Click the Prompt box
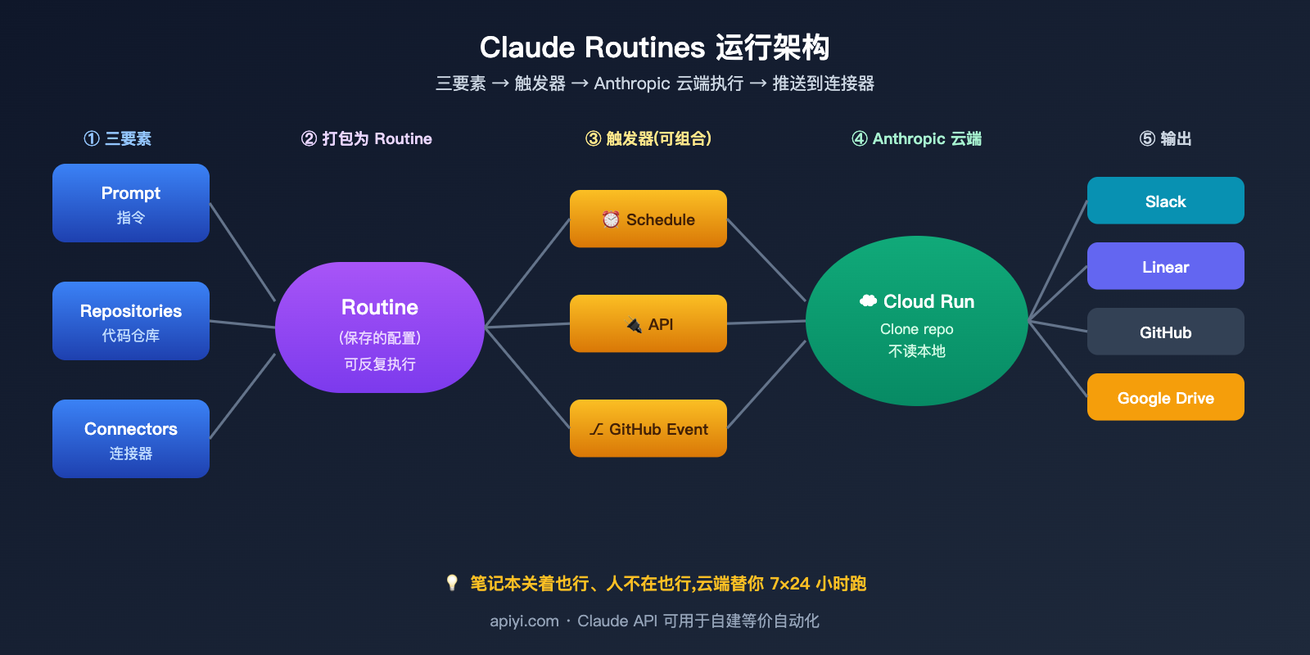(x=131, y=203)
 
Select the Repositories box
(x=131, y=321)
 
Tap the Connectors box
(x=131, y=439)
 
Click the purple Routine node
(x=380, y=327)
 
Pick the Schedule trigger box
(x=648, y=219)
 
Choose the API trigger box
(x=648, y=323)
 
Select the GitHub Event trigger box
(x=648, y=428)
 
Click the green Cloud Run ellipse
(x=917, y=321)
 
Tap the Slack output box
(x=1165, y=201)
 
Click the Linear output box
(x=1165, y=266)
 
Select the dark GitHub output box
(x=1165, y=332)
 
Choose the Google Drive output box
(x=1165, y=397)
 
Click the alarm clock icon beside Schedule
(x=611, y=219)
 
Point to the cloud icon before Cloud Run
(x=868, y=301)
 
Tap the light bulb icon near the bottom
(x=452, y=583)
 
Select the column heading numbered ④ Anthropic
(x=916, y=138)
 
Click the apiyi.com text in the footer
(x=524, y=621)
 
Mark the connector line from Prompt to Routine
(x=242, y=252)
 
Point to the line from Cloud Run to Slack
(x=1058, y=260)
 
